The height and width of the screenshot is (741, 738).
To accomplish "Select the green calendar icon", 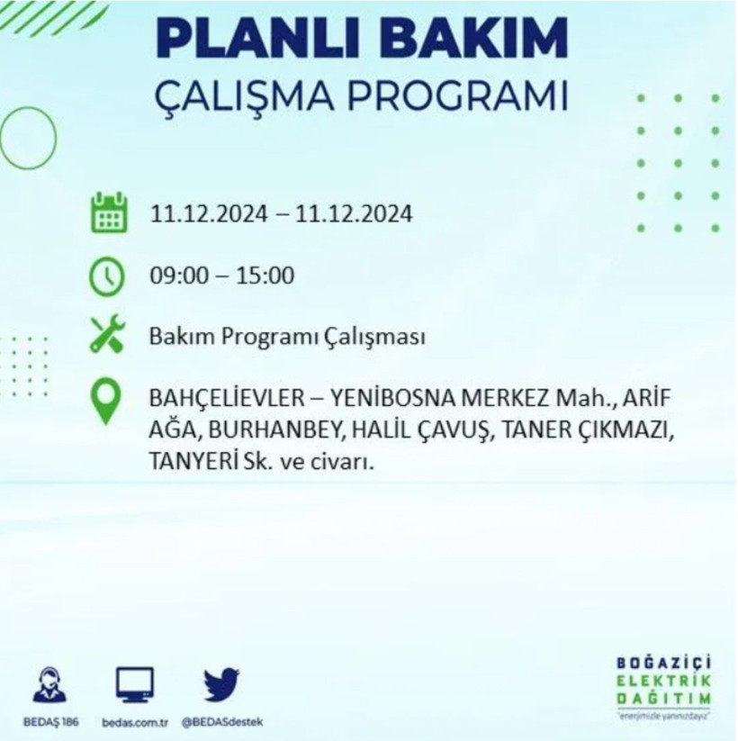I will pos(108,214).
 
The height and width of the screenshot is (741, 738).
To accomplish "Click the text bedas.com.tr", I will pos(136,722).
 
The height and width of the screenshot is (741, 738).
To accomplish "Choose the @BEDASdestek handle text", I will pos(220,722).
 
